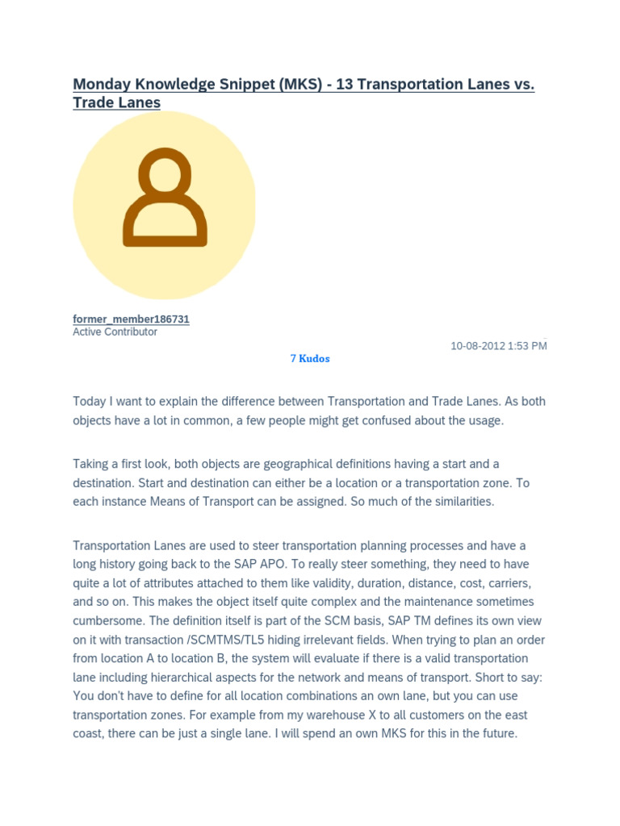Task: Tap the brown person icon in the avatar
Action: [x=165, y=198]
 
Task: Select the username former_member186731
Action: [x=131, y=319]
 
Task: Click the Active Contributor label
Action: [x=115, y=332]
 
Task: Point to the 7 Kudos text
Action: [x=310, y=358]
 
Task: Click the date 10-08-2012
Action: [x=478, y=345]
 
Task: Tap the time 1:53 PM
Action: [x=528, y=345]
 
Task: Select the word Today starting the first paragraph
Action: [x=89, y=401]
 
